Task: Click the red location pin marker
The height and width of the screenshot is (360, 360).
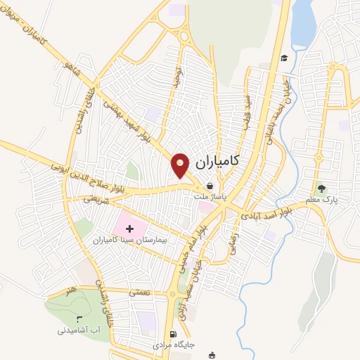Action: (x=181, y=165)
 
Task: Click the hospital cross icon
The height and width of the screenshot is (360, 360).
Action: (x=129, y=228)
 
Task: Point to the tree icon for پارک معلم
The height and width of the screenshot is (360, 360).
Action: (x=322, y=188)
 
